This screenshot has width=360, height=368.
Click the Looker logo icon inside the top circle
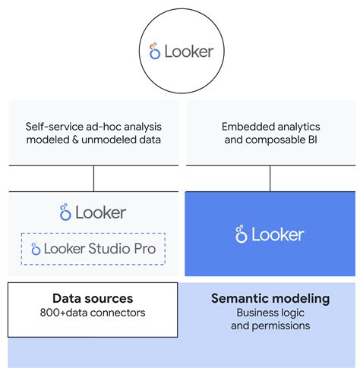154,52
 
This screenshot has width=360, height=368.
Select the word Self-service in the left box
55,127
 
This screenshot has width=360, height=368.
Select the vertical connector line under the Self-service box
93,178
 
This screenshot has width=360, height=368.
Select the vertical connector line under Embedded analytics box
270,178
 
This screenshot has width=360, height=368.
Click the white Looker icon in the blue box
241,234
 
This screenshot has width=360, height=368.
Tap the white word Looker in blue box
277,234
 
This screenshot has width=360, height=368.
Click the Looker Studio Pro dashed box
93,249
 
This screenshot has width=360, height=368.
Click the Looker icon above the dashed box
65,213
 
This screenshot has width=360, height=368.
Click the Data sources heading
93,298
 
